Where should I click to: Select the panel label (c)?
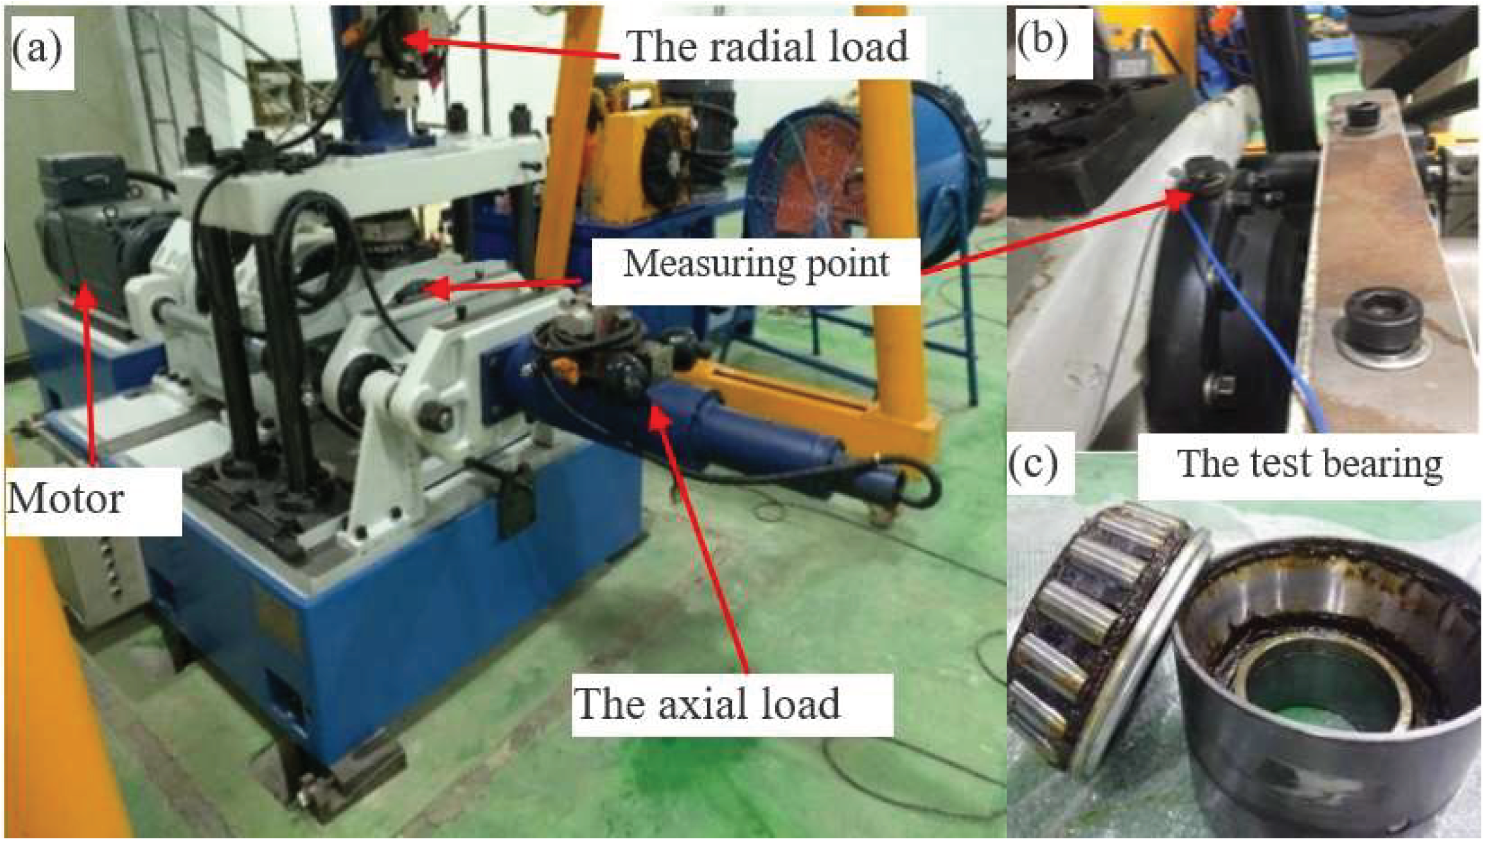tap(1033, 466)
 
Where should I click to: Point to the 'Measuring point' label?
tap(756, 265)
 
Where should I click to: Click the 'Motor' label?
tap(66, 499)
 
